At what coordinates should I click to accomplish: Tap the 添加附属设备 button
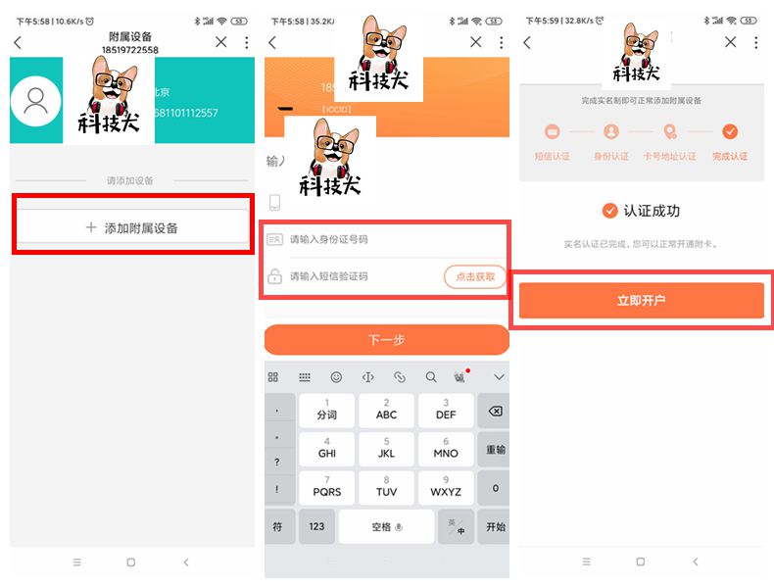[x=131, y=227]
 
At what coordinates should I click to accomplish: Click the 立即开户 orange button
[x=641, y=300]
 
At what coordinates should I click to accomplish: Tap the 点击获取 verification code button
[x=475, y=277]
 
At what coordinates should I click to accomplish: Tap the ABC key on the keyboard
[x=386, y=411]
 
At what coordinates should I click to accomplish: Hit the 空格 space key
[x=386, y=527]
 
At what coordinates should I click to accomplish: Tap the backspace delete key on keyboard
[x=495, y=411]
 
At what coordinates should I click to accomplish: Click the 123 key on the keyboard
[x=316, y=527]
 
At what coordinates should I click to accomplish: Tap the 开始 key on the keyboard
[x=495, y=527]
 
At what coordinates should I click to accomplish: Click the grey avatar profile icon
[x=36, y=102]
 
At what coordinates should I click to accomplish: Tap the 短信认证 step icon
[x=552, y=131]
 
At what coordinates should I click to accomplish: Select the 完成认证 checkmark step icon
[x=730, y=131]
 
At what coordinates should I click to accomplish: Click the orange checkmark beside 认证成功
[x=610, y=211]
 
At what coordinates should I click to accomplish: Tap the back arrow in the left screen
[x=18, y=42]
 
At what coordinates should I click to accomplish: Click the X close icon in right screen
[x=730, y=42]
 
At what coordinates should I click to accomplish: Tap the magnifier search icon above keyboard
[x=431, y=377]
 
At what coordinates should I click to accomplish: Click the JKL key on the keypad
[x=386, y=449]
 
